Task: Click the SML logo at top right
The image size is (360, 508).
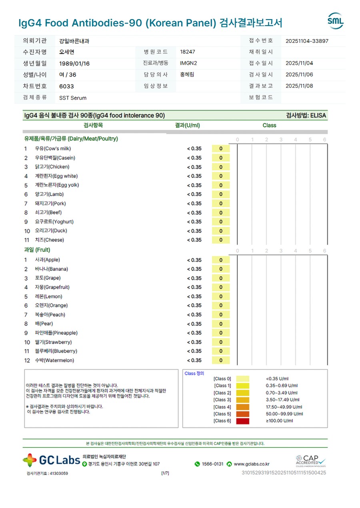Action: [x=335, y=21]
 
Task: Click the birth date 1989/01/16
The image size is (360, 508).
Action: [x=74, y=64]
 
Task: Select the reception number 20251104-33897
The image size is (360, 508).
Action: [x=307, y=41]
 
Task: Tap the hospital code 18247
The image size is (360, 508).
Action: [x=188, y=52]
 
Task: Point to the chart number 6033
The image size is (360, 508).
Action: [x=66, y=86]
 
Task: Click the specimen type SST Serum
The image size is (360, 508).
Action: [x=73, y=98]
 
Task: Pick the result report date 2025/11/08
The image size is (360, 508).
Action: [x=299, y=86]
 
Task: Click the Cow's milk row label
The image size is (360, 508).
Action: [x=53, y=149]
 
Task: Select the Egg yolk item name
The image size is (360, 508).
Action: [x=57, y=185]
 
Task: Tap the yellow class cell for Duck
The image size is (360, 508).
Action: [x=221, y=231]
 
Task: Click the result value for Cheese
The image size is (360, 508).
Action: [x=194, y=240]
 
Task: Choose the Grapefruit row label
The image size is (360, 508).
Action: [x=52, y=287]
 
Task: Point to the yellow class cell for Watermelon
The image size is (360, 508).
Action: [x=221, y=361]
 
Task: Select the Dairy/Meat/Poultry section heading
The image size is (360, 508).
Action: [x=71, y=139]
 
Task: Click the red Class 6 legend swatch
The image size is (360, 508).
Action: [x=243, y=421]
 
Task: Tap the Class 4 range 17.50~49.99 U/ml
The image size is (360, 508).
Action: [x=284, y=407]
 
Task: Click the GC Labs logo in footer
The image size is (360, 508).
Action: [x=52, y=460]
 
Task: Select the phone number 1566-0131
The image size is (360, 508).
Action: [x=212, y=464]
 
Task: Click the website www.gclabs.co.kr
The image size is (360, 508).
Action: [x=251, y=464]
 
